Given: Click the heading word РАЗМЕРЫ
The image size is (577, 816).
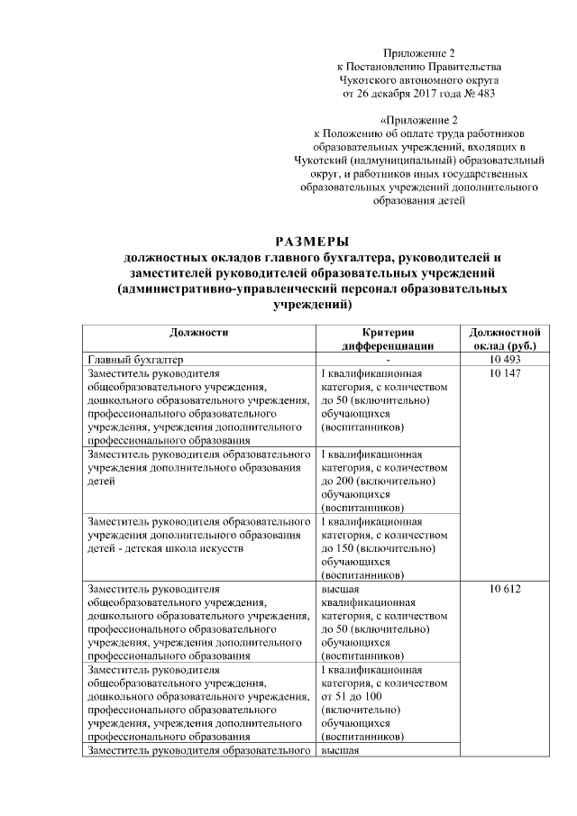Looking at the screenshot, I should [311, 241].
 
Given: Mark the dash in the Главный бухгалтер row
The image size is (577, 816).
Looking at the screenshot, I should [387, 359].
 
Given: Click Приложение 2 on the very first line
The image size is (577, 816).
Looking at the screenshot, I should [418, 52].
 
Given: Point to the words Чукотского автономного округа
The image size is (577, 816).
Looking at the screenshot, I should [418, 79].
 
